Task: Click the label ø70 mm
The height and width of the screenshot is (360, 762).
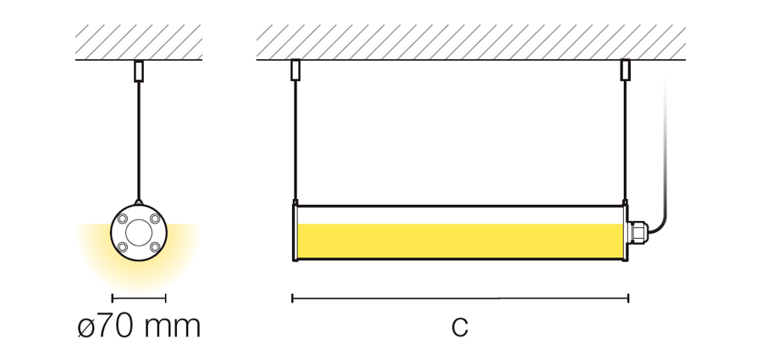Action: click(139, 326)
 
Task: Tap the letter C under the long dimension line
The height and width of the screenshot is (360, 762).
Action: click(460, 327)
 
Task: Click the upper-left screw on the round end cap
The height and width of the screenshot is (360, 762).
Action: click(123, 219)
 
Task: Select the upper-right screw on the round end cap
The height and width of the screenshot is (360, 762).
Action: click(155, 219)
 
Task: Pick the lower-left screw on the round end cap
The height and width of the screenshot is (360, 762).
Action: click(123, 247)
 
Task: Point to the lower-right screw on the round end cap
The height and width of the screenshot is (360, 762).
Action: click(155, 247)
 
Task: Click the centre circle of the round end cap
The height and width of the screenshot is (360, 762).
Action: click(139, 233)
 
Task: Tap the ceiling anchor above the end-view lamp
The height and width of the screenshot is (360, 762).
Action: click(139, 71)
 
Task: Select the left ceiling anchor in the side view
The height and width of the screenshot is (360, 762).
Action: click(295, 70)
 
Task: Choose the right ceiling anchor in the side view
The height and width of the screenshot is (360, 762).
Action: click(626, 70)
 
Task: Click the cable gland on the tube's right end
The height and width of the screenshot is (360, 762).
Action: click(637, 232)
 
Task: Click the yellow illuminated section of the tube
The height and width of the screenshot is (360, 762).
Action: click(460, 241)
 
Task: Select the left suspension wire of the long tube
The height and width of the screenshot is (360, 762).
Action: click(295, 140)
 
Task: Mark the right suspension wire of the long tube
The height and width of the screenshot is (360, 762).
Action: click(626, 140)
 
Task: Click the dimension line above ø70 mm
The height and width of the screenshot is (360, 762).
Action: click(139, 298)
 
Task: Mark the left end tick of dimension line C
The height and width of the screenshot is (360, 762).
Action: click(292, 298)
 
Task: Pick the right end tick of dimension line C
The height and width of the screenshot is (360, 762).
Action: click(628, 298)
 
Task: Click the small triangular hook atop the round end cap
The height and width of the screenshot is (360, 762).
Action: click(139, 202)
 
